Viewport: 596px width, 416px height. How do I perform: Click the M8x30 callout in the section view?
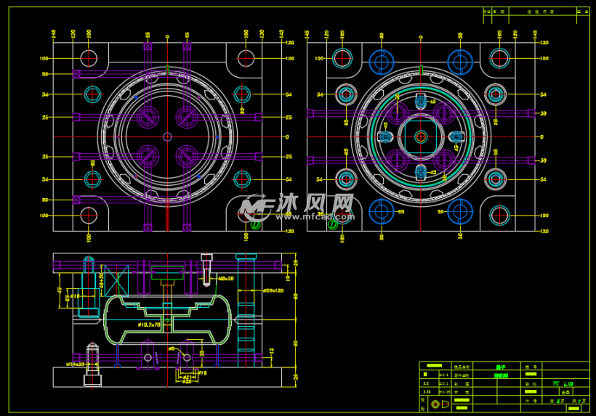(x=225, y=278)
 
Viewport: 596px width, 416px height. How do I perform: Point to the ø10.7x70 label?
(x=150, y=325)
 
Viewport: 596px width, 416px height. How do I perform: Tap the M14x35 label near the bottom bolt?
(x=76, y=364)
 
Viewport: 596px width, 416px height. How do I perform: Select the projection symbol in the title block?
(x=436, y=404)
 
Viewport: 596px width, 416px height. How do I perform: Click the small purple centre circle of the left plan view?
(x=167, y=136)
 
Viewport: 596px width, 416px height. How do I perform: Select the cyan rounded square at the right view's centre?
(x=420, y=136)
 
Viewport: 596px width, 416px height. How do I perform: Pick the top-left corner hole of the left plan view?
(x=89, y=58)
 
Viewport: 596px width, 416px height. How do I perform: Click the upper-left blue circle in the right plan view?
(x=381, y=62)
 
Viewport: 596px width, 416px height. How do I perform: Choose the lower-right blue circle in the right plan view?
(x=460, y=211)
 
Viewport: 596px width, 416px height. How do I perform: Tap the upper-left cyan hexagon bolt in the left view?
(x=92, y=94)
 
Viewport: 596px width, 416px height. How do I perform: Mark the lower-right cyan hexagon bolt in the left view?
(x=242, y=179)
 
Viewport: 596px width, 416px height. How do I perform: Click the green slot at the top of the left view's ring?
(x=167, y=70)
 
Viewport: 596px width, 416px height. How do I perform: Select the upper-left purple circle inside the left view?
(x=148, y=116)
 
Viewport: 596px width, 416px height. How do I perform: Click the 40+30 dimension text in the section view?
(x=102, y=276)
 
